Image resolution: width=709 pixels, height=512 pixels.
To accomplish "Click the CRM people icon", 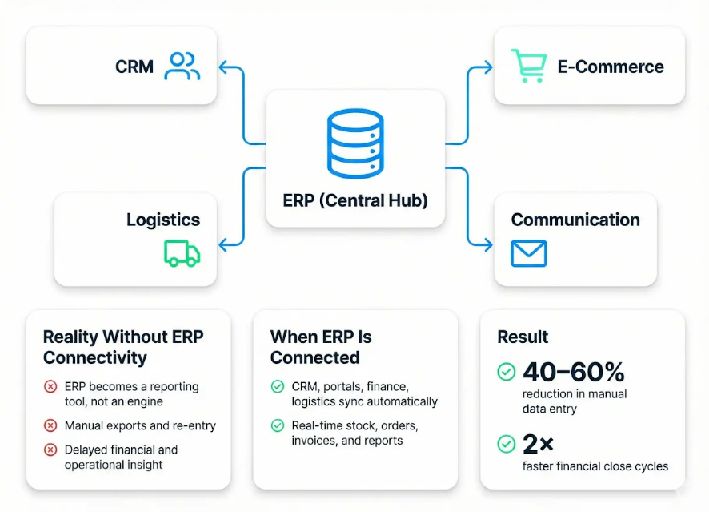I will coord(182,66).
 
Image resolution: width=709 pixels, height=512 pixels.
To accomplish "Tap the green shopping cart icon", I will coord(529,66).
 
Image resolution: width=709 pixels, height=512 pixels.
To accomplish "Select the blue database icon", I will coord(354,144).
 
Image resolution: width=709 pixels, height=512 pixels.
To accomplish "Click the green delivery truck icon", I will coord(182,252).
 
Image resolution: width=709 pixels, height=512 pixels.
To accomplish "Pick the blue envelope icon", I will coord(528,253).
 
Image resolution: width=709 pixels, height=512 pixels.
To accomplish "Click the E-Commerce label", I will coord(611,67).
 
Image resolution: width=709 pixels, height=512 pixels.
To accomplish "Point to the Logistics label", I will coord(163,220).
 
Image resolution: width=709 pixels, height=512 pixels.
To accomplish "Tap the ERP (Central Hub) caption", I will coord(355,200).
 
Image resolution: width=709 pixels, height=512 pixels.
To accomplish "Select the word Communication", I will coord(575,220).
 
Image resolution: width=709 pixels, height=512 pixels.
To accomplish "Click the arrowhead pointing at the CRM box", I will coord(224,67).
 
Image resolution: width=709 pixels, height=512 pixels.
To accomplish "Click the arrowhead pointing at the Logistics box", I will coord(224,244).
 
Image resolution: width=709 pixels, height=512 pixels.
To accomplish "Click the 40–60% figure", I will coord(573,372).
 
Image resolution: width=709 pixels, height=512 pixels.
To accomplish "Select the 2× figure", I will coord(538,443).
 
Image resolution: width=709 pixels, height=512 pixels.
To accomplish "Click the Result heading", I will coord(523,337).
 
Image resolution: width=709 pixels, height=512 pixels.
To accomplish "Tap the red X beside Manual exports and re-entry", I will coord(50,425).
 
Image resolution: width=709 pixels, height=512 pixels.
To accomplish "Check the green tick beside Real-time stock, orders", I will coord(278,425).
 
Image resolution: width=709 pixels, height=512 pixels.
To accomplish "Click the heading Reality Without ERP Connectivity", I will coord(123,347).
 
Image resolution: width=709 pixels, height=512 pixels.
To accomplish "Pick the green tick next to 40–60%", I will coord(506,372).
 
